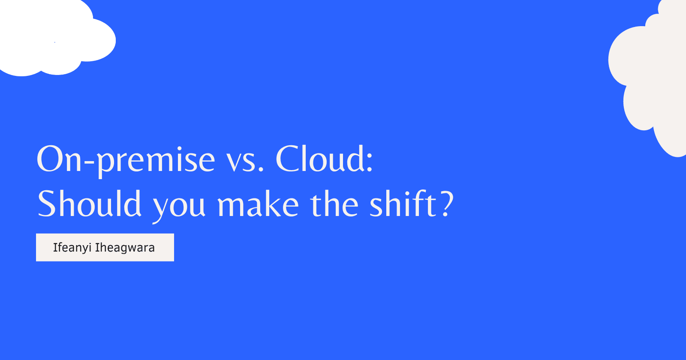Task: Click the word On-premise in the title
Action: (126, 161)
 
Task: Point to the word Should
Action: (89, 203)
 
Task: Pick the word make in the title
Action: (258, 203)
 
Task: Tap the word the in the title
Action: (334, 203)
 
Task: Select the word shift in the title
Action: (403, 203)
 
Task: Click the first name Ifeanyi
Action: (72, 248)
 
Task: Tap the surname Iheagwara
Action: (125, 248)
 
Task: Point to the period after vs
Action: (261, 169)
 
